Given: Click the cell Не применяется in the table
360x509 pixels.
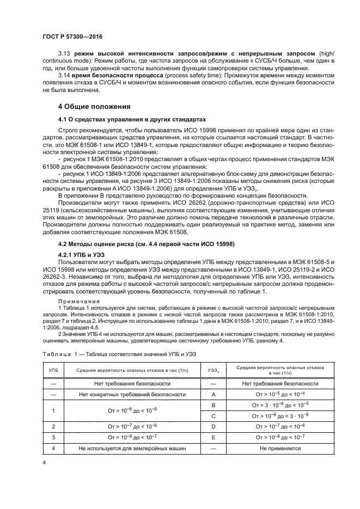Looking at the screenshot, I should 280,448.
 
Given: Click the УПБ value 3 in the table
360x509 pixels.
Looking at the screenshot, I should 53,437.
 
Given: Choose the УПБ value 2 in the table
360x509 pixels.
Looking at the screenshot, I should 53,426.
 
